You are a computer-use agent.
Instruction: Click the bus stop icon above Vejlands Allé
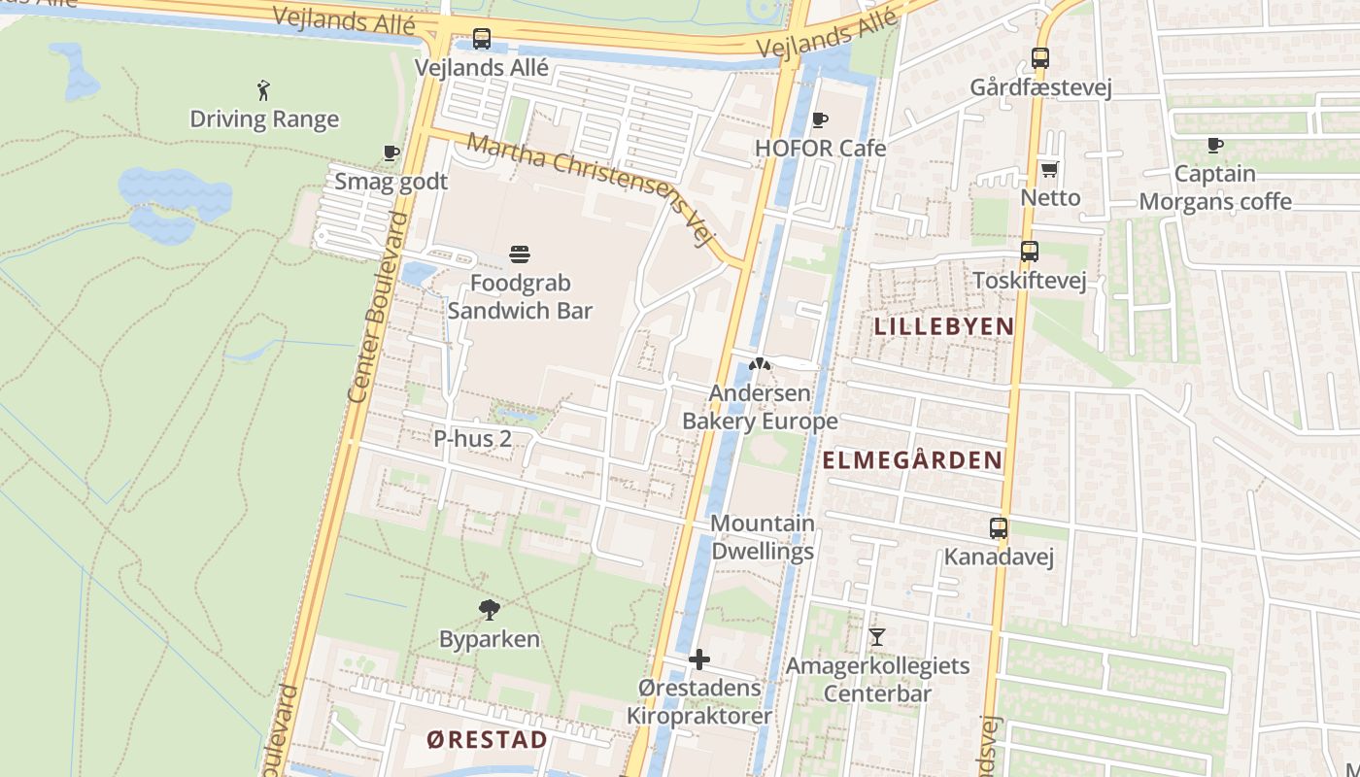(x=482, y=40)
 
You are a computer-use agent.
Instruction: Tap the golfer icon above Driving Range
(x=263, y=91)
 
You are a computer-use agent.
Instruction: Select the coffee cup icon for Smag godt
(x=391, y=153)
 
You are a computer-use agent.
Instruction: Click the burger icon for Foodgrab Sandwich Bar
(x=520, y=255)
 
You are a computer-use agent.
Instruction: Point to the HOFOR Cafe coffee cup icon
(x=820, y=120)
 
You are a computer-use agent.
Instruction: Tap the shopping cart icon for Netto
(x=1049, y=170)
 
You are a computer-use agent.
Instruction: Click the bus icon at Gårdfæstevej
(x=1040, y=58)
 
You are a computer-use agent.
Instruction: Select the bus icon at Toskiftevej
(x=1030, y=252)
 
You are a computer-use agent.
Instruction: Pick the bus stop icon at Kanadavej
(x=999, y=529)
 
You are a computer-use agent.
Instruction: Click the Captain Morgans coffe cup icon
(x=1214, y=146)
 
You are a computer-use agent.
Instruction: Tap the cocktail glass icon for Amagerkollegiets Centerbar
(x=877, y=637)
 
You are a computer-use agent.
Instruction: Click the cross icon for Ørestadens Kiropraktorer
(x=699, y=660)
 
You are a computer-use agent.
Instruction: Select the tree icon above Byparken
(x=490, y=610)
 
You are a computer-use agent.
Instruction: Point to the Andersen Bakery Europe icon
(x=760, y=365)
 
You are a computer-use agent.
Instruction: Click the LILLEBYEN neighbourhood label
(x=944, y=326)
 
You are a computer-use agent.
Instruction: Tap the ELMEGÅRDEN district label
(x=912, y=460)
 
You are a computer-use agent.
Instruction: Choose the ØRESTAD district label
(x=487, y=740)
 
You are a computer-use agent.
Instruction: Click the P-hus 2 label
(x=472, y=439)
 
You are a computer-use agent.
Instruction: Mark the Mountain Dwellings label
(x=763, y=537)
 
